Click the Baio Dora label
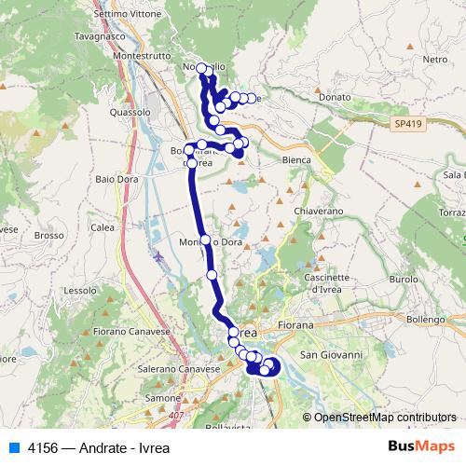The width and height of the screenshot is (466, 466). (x=117, y=177)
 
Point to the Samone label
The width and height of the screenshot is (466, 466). (x=161, y=398)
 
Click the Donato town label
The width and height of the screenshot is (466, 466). (x=334, y=96)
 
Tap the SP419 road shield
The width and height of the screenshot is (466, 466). (x=406, y=123)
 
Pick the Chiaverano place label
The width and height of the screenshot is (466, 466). (x=319, y=212)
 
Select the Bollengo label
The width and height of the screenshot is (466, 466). (x=425, y=320)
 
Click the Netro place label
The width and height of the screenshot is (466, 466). (x=435, y=59)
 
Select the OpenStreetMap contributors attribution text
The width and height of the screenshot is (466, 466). (x=385, y=418)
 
